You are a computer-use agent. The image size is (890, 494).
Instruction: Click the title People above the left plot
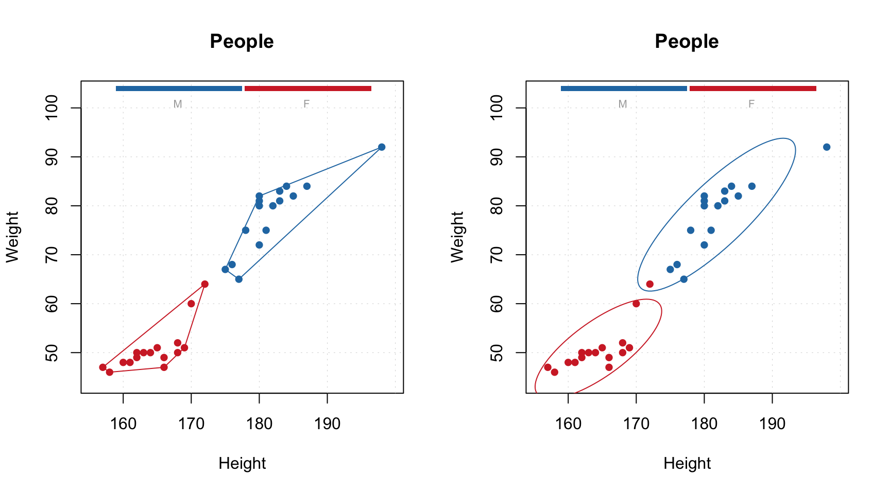pos(242,41)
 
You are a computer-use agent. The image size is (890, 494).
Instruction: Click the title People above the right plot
pos(687,41)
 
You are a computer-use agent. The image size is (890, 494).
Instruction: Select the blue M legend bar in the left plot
pos(179,89)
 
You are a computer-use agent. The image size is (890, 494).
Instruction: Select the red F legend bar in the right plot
pos(752,89)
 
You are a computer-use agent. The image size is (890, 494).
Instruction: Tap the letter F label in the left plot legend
pos(306,104)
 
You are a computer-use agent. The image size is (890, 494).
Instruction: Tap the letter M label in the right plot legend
pos(623,104)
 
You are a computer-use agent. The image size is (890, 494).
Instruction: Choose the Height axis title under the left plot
pos(242,463)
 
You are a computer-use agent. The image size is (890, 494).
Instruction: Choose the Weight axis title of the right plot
pos(457,237)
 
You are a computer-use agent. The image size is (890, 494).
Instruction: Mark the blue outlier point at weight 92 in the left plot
pos(382,147)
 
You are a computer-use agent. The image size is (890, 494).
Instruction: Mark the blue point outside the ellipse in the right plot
pos(827,147)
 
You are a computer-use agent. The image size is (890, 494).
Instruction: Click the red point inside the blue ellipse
pos(649,284)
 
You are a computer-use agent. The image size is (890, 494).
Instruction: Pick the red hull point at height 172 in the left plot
pos(204,284)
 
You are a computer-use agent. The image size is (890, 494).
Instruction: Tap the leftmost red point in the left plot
pos(102,367)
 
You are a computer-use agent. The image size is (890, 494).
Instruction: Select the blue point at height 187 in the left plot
pos(307,186)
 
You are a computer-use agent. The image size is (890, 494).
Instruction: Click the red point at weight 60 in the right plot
pos(636,304)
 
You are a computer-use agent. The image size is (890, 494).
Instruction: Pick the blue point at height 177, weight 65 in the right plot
pos(683,279)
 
